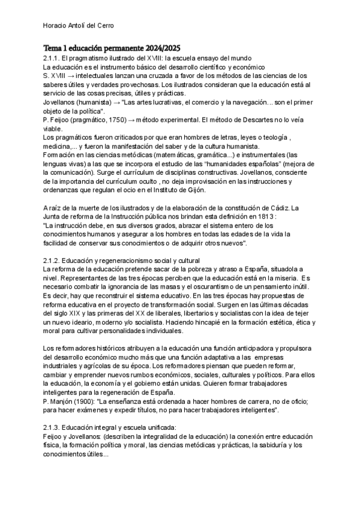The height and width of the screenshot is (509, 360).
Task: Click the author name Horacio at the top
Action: click(x=56, y=25)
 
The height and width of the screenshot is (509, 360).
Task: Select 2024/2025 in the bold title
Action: click(x=159, y=47)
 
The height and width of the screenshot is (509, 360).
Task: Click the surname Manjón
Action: click(x=62, y=401)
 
